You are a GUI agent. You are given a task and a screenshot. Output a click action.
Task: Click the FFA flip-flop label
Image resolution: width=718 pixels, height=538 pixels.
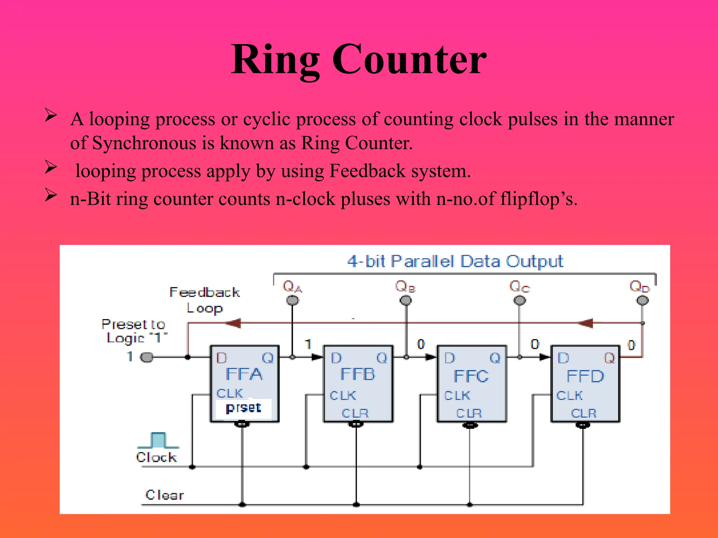tap(244, 374)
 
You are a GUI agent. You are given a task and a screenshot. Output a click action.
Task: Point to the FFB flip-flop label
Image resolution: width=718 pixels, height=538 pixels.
tap(358, 374)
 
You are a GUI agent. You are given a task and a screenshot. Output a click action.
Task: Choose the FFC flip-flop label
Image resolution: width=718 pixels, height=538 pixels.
tap(471, 376)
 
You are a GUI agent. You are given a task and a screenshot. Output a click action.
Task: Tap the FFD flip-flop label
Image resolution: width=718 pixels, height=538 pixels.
tap(585, 376)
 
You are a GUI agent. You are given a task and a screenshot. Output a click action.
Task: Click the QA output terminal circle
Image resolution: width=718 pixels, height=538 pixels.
tap(292, 300)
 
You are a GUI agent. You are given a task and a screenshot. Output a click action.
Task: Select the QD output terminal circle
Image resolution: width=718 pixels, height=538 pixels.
tap(642, 300)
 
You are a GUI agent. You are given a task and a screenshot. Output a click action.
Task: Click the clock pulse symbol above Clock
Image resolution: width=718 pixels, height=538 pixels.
tap(158, 440)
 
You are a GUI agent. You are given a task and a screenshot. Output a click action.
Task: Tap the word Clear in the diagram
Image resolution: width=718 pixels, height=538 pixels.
tap(164, 495)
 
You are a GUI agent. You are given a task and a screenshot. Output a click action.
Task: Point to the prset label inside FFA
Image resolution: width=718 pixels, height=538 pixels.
tap(243, 408)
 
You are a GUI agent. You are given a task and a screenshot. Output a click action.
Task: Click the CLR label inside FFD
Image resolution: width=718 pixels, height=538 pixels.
tap(584, 413)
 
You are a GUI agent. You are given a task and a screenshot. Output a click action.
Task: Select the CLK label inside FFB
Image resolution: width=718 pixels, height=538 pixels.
tap(343, 395)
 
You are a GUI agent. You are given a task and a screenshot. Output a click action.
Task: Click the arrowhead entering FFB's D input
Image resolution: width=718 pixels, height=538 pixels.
tap(318, 357)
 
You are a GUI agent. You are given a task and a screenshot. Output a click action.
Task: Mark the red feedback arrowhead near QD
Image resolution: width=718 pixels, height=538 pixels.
tap(585, 323)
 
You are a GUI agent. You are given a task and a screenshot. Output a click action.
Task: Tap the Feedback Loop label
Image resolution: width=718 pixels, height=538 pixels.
tap(205, 300)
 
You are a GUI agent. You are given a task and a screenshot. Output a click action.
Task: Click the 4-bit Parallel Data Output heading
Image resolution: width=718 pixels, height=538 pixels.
tap(455, 262)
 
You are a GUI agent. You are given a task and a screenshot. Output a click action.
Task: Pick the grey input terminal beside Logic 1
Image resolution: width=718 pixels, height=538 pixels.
tap(147, 357)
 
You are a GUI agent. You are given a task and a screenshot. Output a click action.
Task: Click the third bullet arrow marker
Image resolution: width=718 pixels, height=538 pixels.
tap(51, 195)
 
